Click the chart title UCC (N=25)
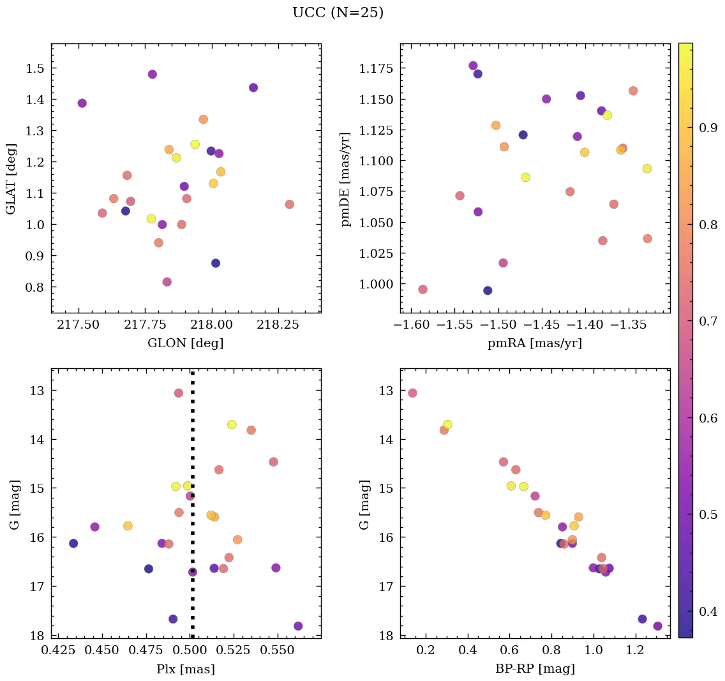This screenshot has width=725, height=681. pyautogui.click(x=338, y=13)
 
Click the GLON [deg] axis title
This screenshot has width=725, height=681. pyautogui.click(x=185, y=343)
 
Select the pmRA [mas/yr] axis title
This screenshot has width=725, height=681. pyautogui.click(x=535, y=343)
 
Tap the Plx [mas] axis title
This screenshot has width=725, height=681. pyautogui.click(x=185, y=669)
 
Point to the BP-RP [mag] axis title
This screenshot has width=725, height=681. pyautogui.click(x=535, y=669)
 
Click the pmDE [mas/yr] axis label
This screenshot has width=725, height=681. pyautogui.click(x=345, y=179)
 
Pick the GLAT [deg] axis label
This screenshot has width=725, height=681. pyautogui.click(x=11, y=179)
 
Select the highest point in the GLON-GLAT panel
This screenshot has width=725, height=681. pyautogui.click(x=152, y=74)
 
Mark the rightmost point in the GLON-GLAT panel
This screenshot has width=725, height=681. pyautogui.click(x=289, y=204)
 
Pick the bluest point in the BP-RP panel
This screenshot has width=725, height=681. pyautogui.click(x=412, y=393)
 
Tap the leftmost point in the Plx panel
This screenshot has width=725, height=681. pyautogui.click(x=73, y=543)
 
